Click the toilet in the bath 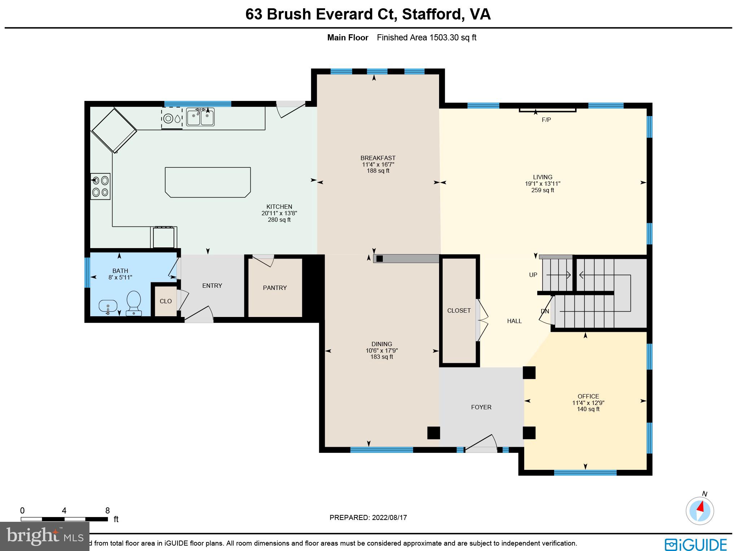(x=133, y=303)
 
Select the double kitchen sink (x=200, y=117)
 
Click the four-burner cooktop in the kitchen (x=100, y=186)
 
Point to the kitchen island (x=208, y=182)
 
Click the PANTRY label (x=275, y=288)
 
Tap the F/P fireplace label (x=546, y=120)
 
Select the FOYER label (x=481, y=407)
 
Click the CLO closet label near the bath (x=166, y=301)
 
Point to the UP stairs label (x=533, y=275)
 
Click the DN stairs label (x=544, y=311)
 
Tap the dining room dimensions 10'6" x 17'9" (x=381, y=351)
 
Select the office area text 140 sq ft (x=588, y=409)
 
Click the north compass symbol (x=700, y=511)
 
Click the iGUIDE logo (x=695, y=544)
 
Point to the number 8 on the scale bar (x=107, y=511)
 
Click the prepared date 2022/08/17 (x=389, y=517)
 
